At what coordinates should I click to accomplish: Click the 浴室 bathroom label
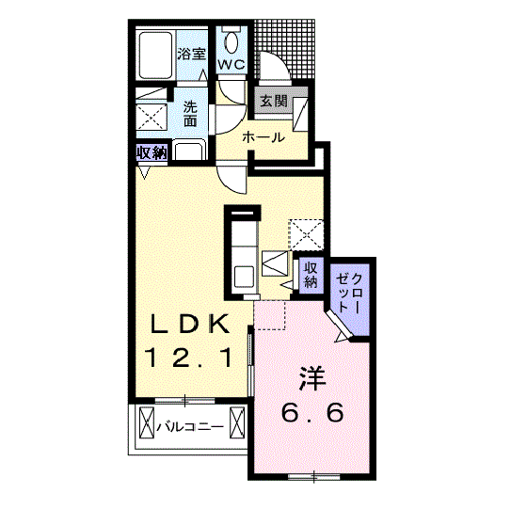(x=191, y=54)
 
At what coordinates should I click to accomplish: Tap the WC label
(x=232, y=64)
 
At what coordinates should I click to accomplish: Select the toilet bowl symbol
(x=232, y=41)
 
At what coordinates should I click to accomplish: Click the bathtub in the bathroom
(x=155, y=56)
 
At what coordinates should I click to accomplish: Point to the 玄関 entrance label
(x=274, y=101)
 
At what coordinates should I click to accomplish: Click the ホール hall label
(x=263, y=137)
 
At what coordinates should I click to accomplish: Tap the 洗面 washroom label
(x=190, y=114)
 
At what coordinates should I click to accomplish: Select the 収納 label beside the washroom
(x=152, y=153)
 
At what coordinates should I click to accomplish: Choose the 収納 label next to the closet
(x=311, y=275)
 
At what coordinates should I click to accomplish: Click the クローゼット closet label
(x=349, y=293)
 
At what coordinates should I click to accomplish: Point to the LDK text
(x=190, y=324)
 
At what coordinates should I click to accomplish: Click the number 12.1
(x=188, y=358)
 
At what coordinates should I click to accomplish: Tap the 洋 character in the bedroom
(x=312, y=378)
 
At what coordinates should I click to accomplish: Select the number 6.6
(x=312, y=412)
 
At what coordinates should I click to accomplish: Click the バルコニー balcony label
(x=190, y=426)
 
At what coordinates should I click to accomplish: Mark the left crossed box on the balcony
(x=147, y=422)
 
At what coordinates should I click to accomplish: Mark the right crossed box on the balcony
(x=237, y=422)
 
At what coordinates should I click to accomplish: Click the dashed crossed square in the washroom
(x=152, y=117)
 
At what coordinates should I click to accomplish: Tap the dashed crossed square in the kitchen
(x=306, y=234)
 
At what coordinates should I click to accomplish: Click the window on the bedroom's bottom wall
(x=313, y=476)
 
